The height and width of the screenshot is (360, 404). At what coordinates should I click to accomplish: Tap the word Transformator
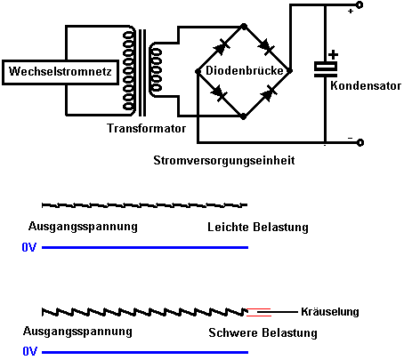click(x=146, y=128)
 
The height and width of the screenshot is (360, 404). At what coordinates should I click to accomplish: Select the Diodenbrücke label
click(x=245, y=70)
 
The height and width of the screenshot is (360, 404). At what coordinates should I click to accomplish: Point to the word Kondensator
click(x=366, y=85)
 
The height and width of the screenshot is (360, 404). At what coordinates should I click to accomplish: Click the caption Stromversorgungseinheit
click(x=224, y=161)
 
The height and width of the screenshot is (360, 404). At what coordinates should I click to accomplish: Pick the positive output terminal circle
click(x=360, y=5)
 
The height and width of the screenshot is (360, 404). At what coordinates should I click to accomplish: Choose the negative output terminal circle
click(x=360, y=143)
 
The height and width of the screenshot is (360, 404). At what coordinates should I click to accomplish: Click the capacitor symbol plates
click(x=326, y=69)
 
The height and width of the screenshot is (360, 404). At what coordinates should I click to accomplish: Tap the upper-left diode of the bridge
click(x=222, y=48)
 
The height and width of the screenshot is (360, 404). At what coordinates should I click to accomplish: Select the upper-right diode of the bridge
click(x=266, y=47)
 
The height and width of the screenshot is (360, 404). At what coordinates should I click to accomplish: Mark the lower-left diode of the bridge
click(x=220, y=92)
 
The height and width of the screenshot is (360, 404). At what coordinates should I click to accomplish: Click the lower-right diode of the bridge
click(x=269, y=93)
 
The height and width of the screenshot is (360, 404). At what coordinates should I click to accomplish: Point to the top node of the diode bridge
click(x=244, y=27)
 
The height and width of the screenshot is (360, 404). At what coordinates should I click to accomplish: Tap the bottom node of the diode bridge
click(x=243, y=116)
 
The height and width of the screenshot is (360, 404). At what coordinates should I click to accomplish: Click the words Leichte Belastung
click(x=258, y=228)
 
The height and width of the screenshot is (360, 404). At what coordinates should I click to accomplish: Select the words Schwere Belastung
click(x=263, y=332)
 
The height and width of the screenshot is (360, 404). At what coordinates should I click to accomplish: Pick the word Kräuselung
click(x=330, y=312)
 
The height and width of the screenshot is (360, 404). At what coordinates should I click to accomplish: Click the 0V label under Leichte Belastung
click(x=29, y=247)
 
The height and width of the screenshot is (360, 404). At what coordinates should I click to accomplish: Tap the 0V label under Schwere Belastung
click(x=30, y=352)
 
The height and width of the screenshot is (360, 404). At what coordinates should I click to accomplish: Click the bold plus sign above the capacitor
click(x=333, y=54)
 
